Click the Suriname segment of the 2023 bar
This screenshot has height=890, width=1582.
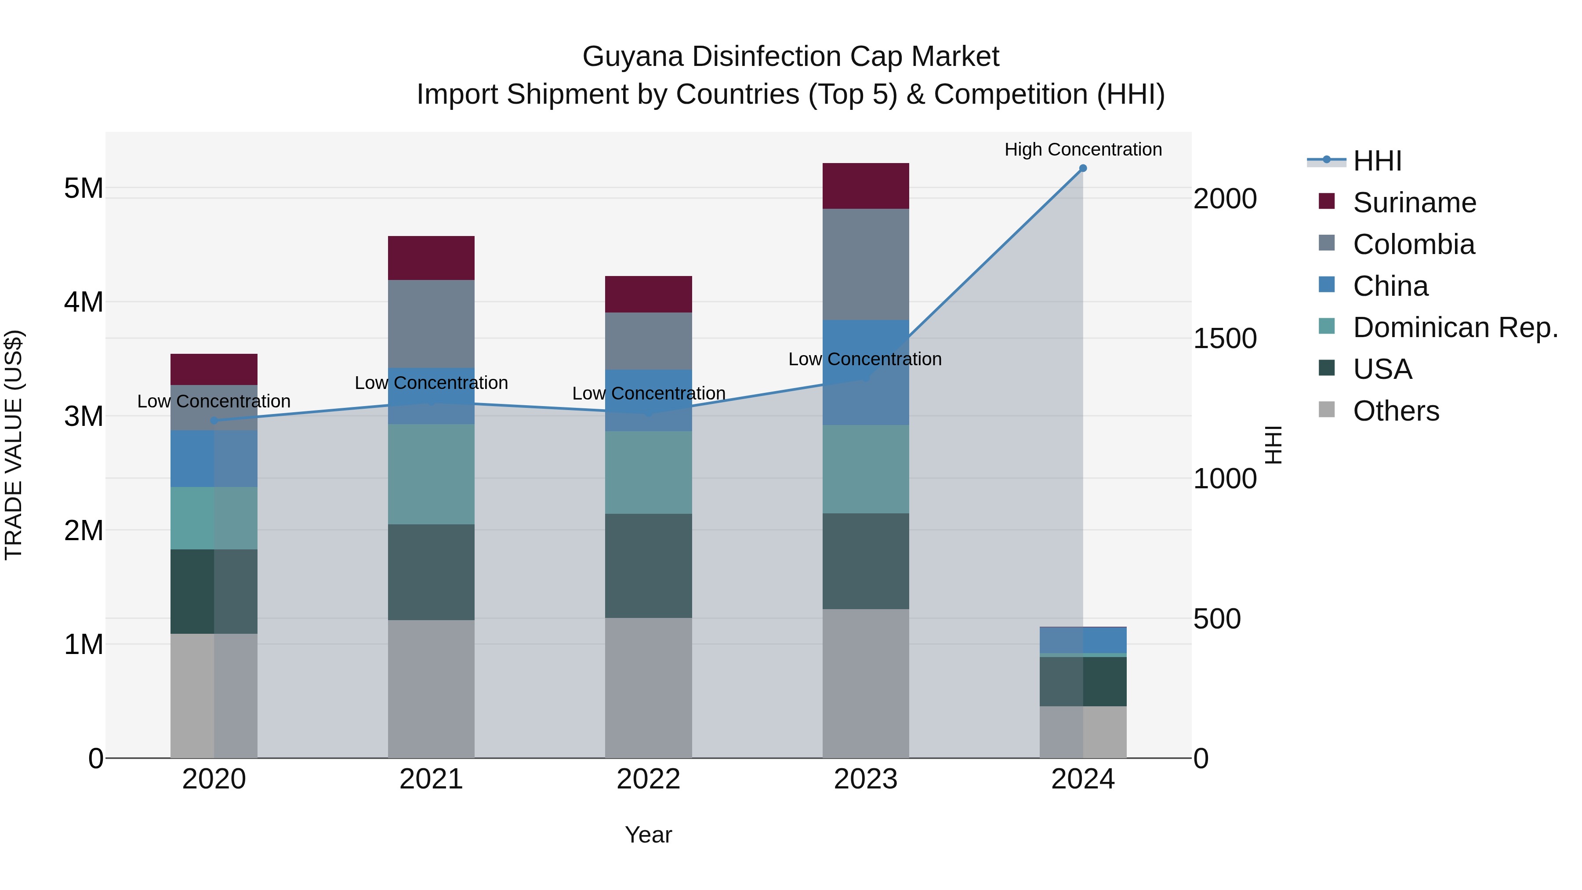pyautogui.click(x=865, y=185)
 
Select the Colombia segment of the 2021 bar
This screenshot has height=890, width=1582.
pyautogui.click(x=431, y=323)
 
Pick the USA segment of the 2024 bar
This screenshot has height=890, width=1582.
pyautogui.click(x=1083, y=681)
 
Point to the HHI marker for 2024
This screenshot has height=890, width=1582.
pyautogui.click(x=1083, y=168)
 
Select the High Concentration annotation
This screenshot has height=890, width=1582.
pyautogui.click(x=1083, y=149)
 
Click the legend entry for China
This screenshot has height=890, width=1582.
pyautogui.click(x=1390, y=286)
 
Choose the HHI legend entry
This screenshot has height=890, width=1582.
pyautogui.click(x=1377, y=161)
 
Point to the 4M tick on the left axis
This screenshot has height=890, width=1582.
pyautogui.click(x=83, y=302)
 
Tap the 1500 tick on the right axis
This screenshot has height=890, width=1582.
pyautogui.click(x=1225, y=339)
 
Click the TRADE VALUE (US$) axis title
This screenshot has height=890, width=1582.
pyautogui.click(x=14, y=445)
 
